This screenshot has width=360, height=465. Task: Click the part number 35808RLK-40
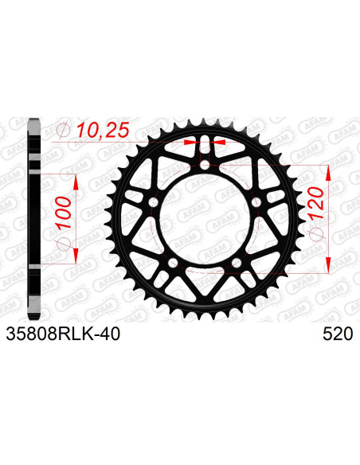click(64, 335)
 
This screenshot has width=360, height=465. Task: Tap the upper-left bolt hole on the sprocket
click(153, 205)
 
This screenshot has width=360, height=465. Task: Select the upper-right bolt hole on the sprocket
click(256, 205)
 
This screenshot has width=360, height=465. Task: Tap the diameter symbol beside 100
click(63, 238)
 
